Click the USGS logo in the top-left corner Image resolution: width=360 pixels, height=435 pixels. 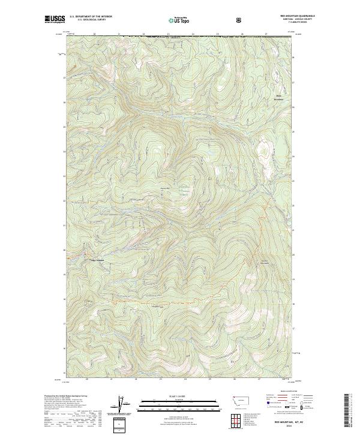[x=55, y=20]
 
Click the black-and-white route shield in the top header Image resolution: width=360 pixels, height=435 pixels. [x=239, y=20]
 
